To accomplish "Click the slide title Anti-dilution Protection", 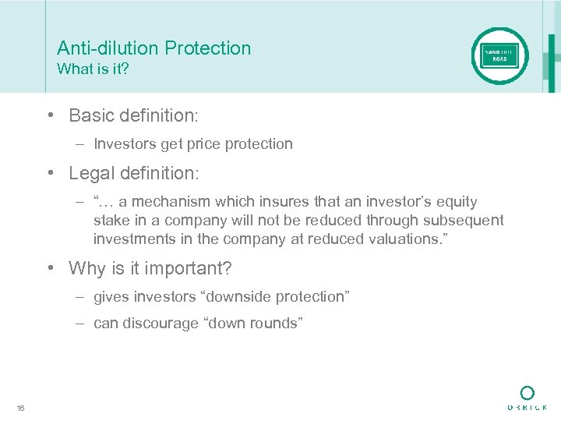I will click(x=153, y=48).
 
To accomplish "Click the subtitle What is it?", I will click(x=93, y=69).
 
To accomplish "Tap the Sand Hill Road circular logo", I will click(x=499, y=55).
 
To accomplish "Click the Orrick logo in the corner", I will click(x=527, y=398).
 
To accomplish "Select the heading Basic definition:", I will click(x=134, y=115).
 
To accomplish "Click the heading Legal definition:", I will click(x=134, y=172).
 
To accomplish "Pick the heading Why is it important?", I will click(x=150, y=268).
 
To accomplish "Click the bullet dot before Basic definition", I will click(x=49, y=115).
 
